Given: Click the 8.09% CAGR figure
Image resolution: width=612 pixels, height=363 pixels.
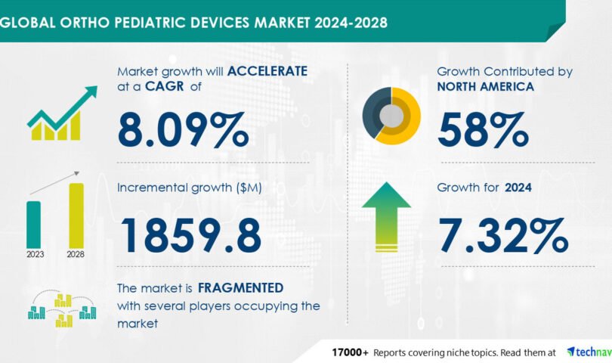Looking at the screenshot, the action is (x=183, y=130).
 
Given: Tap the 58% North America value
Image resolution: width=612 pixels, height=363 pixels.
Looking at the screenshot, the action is (x=484, y=130).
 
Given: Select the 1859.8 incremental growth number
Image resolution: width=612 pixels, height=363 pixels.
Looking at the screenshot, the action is (x=191, y=236).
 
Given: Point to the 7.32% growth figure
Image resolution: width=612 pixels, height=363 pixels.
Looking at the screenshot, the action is (x=503, y=236).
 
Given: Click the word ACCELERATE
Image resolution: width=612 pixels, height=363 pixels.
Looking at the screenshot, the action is (x=267, y=71).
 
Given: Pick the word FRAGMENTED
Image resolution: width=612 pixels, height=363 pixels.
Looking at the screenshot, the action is (x=240, y=288).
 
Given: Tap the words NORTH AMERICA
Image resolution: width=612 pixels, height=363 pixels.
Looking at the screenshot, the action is (x=486, y=86).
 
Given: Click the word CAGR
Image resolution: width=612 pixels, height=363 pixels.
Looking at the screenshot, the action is (x=164, y=86).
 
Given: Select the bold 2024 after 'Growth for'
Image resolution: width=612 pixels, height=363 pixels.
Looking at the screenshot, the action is (x=518, y=188).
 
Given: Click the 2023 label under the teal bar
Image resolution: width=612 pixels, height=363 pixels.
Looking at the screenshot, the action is (x=35, y=254).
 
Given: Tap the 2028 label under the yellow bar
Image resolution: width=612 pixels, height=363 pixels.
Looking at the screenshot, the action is (x=76, y=254).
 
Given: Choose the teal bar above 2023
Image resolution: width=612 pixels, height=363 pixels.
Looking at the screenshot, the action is (x=33, y=225).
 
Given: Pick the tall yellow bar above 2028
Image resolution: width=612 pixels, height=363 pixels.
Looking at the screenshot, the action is (x=76, y=216).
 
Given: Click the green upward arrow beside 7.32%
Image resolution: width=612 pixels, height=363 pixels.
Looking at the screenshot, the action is (x=386, y=217).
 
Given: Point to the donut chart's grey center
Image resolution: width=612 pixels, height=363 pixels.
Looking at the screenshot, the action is (x=391, y=116).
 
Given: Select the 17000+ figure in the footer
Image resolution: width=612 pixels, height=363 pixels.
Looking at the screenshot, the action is (x=350, y=352).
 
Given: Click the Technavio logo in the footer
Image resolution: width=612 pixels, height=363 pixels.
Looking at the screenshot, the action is (x=589, y=352).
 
